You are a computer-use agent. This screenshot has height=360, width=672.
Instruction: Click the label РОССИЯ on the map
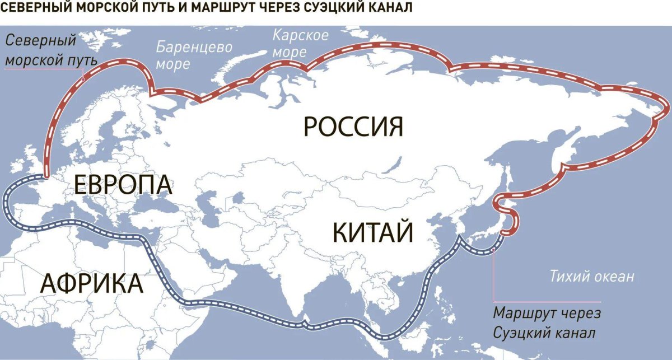click(x=353, y=127)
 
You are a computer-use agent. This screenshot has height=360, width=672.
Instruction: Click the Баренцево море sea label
click(x=193, y=55)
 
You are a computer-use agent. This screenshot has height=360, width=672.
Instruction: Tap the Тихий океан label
click(x=592, y=276)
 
